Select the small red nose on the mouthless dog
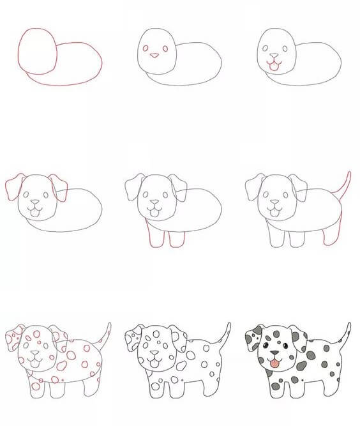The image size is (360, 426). (x=154, y=56)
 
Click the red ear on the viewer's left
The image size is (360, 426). (x=13, y=186)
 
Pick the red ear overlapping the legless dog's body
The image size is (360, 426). (x=60, y=187)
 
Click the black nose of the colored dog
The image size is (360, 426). (x=274, y=353)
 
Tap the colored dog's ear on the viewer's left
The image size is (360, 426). (x=253, y=339)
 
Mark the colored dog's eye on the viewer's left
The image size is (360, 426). (x=264, y=346)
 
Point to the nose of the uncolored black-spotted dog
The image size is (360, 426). (x=154, y=353)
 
